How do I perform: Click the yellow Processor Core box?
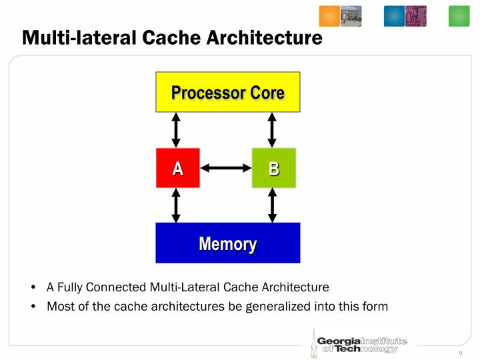click(228, 92)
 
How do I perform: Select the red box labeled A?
click(178, 168)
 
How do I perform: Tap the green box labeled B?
click(274, 168)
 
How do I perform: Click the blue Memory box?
click(228, 243)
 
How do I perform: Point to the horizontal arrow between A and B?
click(226, 168)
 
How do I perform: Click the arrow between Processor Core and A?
click(176, 130)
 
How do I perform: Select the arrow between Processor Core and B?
click(272, 130)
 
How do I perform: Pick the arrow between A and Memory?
click(176, 205)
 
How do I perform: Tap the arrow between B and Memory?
click(272, 205)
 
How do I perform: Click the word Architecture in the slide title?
click(265, 38)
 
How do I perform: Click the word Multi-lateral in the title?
click(79, 38)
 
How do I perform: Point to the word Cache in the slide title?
click(171, 38)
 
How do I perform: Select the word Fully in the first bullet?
click(69, 287)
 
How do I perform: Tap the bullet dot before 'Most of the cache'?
click(33, 306)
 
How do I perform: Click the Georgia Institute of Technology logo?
click(359, 344)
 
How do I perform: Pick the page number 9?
click(461, 353)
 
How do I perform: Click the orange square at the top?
click(329, 16)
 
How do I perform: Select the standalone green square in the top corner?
click(459, 16)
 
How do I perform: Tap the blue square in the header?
click(394, 16)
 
